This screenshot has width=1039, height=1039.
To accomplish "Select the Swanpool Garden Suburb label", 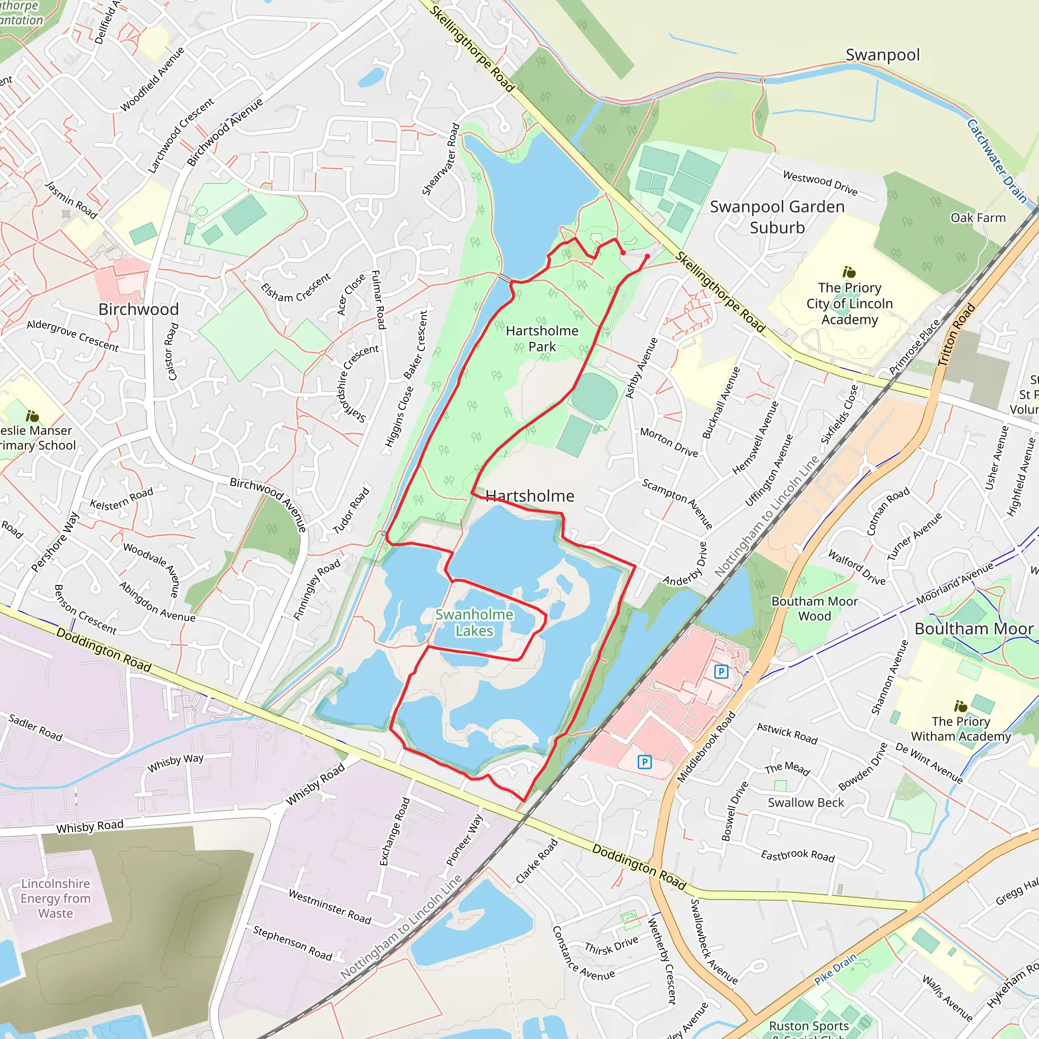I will click(777, 217).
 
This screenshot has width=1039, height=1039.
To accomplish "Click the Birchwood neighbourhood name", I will click(138, 309).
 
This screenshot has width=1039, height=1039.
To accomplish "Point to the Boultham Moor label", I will click(974, 629).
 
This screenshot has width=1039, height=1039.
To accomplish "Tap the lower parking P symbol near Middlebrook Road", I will click(644, 761).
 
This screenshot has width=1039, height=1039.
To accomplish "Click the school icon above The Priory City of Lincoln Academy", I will click(849, 272).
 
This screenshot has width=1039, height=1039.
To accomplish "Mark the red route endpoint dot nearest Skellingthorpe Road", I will click(647, 257).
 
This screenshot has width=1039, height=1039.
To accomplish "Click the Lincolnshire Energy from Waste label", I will click(55, 898).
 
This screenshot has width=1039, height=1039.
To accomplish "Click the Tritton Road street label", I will click(956, 335).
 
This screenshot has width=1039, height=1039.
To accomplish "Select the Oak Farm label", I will click(978, 218).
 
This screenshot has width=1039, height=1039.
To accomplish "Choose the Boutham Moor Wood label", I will click(814, 608).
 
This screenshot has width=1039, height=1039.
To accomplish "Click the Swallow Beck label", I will click(806, 803).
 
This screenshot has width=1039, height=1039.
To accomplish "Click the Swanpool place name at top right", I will click(883, 55).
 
